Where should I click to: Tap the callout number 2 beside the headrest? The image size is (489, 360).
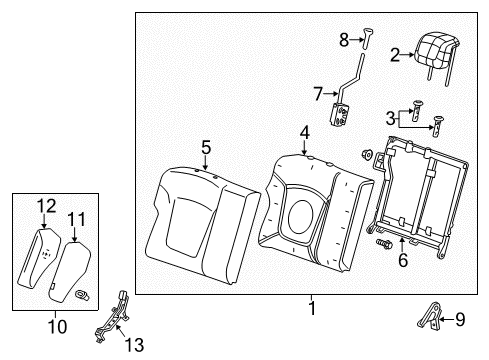click(395, 55)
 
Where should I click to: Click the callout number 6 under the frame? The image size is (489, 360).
click(318, 94)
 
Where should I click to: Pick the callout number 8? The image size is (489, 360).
click(460, 320)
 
